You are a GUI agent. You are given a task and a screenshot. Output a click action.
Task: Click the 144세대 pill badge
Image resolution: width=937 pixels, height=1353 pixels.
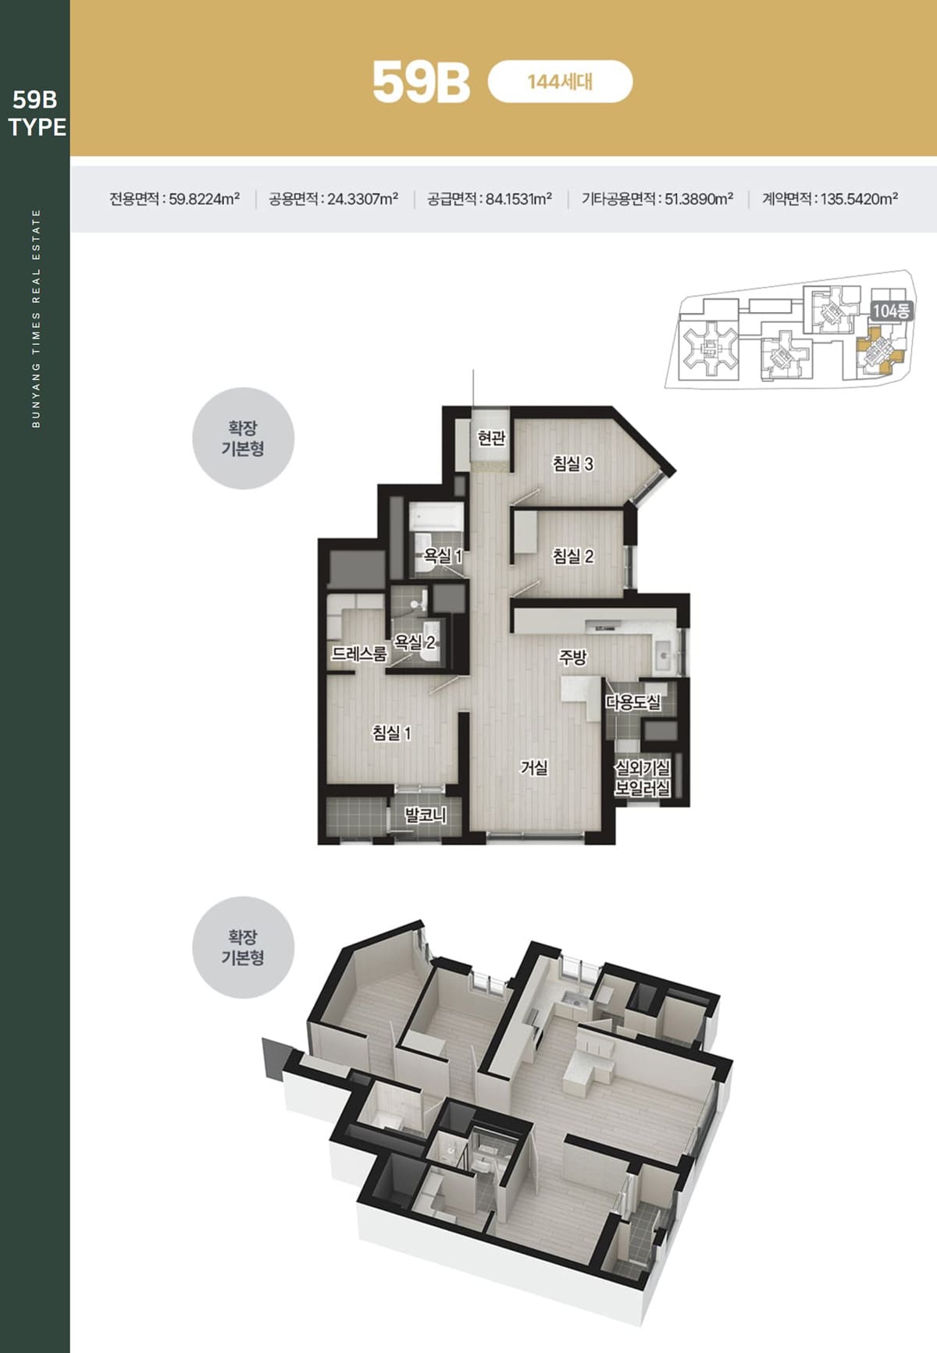[560, 81]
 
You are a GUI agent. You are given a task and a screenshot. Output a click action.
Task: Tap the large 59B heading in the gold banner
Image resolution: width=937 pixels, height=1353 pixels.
[421, 82]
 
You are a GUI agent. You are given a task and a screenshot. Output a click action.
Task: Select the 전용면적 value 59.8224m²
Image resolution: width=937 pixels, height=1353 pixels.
[205, 199]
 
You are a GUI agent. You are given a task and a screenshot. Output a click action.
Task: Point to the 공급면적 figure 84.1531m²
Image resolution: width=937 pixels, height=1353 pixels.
[519, 199]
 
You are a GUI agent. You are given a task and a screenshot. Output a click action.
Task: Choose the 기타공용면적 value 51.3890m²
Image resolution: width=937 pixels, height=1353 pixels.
[699, 199]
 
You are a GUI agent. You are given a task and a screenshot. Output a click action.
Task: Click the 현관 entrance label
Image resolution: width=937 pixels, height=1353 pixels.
[491, 439]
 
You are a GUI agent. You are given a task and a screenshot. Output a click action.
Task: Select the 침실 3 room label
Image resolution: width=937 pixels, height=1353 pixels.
[573, 463]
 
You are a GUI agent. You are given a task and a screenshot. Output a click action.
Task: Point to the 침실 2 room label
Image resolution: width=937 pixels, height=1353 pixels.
[573, 556]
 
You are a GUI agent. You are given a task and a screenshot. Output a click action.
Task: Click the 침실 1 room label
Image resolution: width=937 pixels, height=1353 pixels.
[391, 733]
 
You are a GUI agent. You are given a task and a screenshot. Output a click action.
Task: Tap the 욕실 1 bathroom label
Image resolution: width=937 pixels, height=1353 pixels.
[443, 556]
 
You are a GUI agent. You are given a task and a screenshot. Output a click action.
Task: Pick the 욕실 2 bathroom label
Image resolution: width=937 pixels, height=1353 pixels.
[415, 642]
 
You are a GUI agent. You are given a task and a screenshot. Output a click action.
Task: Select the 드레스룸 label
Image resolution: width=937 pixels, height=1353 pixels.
[359, 654]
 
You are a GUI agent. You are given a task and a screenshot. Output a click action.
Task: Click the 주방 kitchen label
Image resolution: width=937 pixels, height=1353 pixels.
[572, 658]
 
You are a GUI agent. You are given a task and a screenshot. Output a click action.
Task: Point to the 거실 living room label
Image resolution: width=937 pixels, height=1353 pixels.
[534, 768]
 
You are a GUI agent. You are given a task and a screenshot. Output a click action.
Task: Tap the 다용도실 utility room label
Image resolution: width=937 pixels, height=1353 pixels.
[633, 702]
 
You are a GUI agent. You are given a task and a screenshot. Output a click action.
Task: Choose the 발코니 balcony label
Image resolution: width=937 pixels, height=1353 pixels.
[426, 815]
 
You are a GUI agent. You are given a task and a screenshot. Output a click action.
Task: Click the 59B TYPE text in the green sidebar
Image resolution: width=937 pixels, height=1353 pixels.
[37, 113]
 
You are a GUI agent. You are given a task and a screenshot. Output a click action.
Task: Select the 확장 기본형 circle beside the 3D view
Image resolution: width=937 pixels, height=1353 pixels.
[243, 947]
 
